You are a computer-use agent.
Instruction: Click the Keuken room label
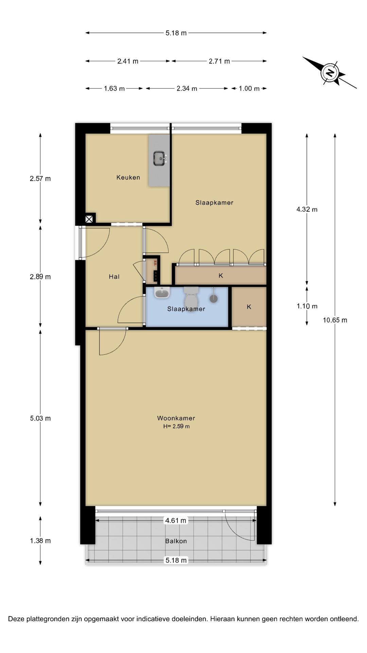tap(128, 177)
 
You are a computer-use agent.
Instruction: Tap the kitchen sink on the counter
tap(160, 158)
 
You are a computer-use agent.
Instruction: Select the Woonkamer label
tap(176, 418)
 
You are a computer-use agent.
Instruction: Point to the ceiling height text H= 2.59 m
tap(176, 426)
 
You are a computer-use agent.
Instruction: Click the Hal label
tap(114, 277)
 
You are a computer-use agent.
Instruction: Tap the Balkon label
tap(176, 541)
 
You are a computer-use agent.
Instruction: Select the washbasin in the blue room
tap(162, 292)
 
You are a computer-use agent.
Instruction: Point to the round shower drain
tap(213, 299)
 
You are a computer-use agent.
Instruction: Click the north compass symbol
tap(330, 72)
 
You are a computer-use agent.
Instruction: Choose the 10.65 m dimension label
tap(335, 320)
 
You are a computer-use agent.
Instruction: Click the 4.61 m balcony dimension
tap(176, 520)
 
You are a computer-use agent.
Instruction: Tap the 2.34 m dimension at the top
tap(187, 88)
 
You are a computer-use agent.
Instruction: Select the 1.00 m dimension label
tap(249, 88)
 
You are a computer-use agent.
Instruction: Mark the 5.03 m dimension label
tap(40, 418)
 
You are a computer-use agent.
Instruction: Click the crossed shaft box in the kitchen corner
tap(89, 219)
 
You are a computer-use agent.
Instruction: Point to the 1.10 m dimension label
tap(307, 306)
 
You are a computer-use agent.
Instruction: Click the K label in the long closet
tap(221, 275)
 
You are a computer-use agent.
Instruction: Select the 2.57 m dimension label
tap(40, 179)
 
